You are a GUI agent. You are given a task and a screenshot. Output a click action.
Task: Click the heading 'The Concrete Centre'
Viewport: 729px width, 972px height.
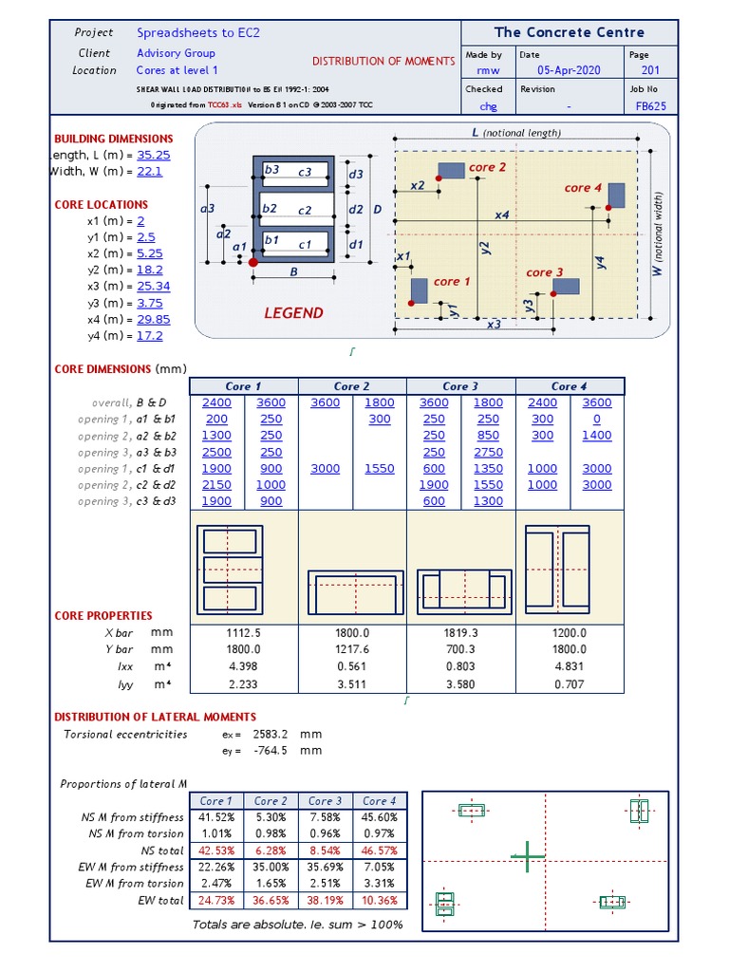(x=570, y=32)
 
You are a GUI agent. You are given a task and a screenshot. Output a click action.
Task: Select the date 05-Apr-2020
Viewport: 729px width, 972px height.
(x=570, y=71)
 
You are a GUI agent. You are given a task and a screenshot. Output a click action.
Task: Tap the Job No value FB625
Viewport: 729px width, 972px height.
(x=651, y=106)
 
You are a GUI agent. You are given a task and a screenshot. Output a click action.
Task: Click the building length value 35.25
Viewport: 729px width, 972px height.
(x=153, y=155)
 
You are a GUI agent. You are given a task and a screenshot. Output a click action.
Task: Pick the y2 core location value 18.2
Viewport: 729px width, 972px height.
(x=150, y=270)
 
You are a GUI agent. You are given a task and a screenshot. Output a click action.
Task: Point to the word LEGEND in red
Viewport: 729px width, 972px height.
(x=293, y=313)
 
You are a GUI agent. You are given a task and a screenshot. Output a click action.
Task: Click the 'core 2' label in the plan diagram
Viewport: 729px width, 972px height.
(x=488, y=167)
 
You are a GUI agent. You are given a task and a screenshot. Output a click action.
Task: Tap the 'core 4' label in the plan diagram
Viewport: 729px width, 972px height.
(x=583, y=188)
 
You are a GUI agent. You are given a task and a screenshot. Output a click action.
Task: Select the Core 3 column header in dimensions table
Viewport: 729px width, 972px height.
(x=460, y=386)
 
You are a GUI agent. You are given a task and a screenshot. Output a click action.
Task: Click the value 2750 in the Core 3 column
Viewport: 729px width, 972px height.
(x=488, y=452)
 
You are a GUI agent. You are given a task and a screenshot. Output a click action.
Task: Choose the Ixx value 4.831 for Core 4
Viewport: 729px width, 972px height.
(x=570, y=666)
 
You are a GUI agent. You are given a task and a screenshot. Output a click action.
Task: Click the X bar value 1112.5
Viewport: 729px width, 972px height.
(x=244, y=633)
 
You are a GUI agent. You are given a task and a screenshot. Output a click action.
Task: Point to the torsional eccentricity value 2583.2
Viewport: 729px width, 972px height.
(x=269, y=734)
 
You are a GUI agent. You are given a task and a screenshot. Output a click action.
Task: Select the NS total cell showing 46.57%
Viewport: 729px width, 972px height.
(x=379, y=850)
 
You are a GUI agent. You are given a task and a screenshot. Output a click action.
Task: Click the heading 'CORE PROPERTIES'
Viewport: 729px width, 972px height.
(x=103, y=615)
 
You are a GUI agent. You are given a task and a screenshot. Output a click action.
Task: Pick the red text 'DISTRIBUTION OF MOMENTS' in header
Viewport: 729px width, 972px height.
(x=383, y=61)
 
